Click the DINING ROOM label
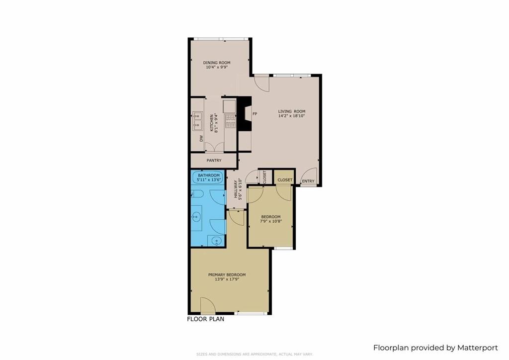tap(217, 63)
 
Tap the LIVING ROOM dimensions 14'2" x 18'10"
tap(291, 116)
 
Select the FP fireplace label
tap(255, 114)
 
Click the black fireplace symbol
tap(245, 114)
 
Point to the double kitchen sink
tap(197, 121)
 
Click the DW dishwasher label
tap(202, 139)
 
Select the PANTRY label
tap(214, 161)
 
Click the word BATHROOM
tap(209, 176)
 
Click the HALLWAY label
tap(236, 189)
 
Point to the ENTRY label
tap(308, 181)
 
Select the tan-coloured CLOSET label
tap(285, 180)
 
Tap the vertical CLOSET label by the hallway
tap(264, 177)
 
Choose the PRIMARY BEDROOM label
tap(227, 274)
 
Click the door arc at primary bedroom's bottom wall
tap(208, 305)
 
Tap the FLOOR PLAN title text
tap(205, 319)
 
